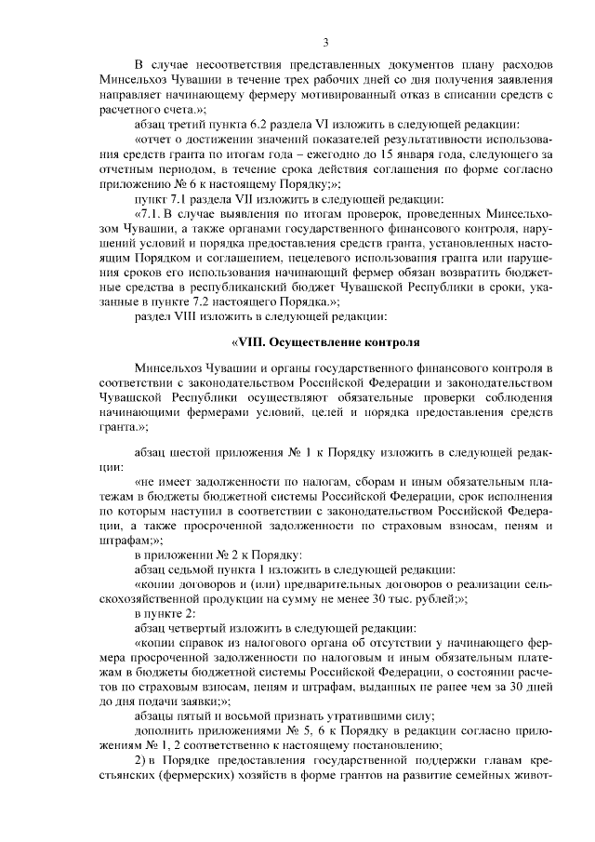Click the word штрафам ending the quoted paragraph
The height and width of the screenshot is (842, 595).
(129, 540)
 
